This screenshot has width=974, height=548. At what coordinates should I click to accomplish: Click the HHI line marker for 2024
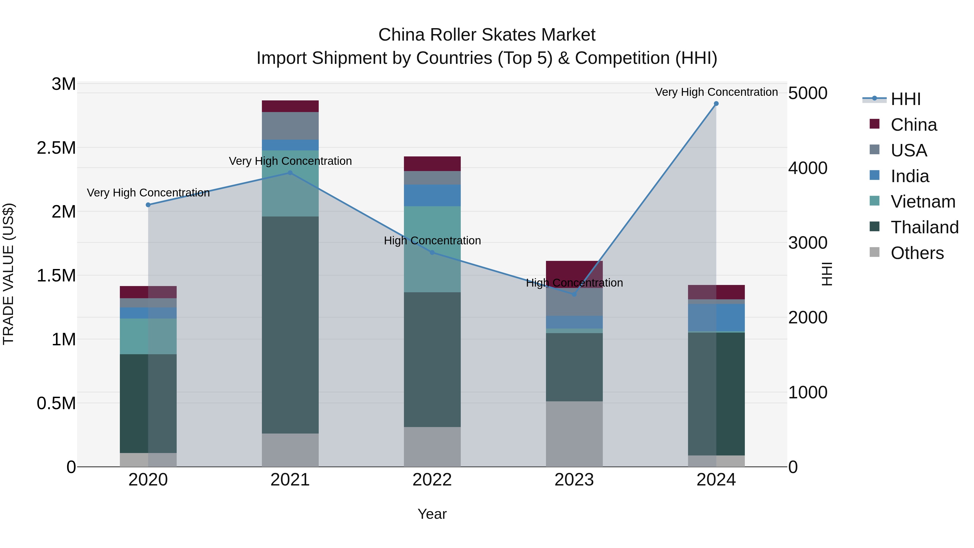point(716,104)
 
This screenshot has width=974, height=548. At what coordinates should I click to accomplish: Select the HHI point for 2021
point(290,173)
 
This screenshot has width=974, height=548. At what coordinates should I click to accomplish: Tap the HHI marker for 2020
point(148,205)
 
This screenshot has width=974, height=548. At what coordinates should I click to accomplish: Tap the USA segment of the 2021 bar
point(290,126)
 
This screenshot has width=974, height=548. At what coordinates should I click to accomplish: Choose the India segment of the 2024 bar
point(716,317)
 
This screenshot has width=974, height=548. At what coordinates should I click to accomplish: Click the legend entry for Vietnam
point(923,202)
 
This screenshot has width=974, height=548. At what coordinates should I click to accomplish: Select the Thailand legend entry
point(924,227)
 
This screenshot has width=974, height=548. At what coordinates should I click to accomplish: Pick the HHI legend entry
point(905,99)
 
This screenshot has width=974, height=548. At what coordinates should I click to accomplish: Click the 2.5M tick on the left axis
point(56,148)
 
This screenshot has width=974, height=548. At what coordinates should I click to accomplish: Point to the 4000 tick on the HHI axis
point(808,168)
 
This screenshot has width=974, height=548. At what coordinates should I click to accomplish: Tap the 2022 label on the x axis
point(432,480)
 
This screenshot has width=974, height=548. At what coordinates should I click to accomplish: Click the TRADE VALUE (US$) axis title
point(9,274)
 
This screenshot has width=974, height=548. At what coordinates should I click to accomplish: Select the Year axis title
point(432,514)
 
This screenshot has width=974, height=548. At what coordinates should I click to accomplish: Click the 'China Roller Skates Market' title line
point(487,35)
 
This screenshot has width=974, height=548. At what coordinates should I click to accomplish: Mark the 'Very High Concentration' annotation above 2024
point(716,92)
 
